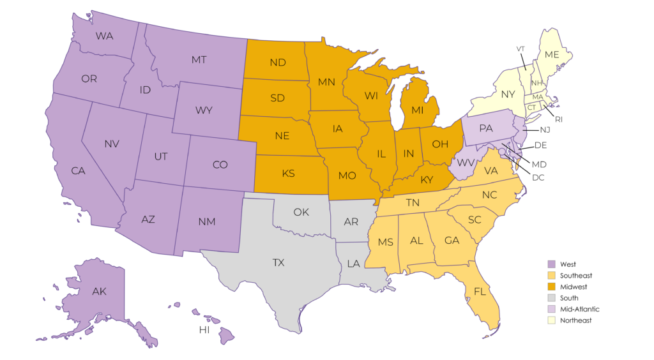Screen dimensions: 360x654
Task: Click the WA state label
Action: (105, 36)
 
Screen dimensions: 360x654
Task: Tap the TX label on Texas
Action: (278, 262)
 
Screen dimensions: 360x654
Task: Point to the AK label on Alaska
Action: (99, 292)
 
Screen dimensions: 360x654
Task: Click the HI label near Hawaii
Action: (204, 330)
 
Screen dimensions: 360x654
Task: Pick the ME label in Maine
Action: (552, 55)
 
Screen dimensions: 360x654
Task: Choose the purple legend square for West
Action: (551, 264)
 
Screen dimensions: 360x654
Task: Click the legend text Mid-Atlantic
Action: (579, 309)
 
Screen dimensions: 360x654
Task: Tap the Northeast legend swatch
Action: (551, 320)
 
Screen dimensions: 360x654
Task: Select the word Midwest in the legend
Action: (574, 287)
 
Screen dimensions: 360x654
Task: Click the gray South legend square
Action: (551, 298)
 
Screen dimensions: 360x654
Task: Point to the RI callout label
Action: (559, 119)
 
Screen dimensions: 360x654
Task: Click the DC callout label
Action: (538, 177)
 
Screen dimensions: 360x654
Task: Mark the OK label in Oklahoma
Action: (301, 212)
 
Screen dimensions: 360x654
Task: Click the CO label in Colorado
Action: (220, 165)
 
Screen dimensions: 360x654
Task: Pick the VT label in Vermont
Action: (521, 49)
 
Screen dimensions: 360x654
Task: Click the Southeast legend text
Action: (576, 275)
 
